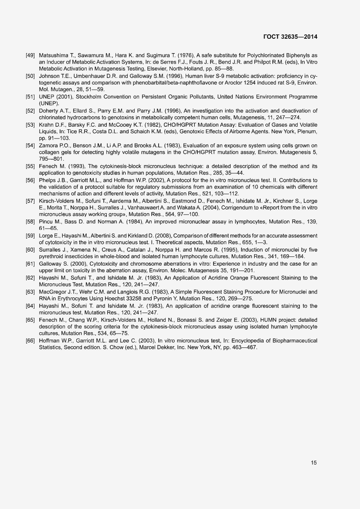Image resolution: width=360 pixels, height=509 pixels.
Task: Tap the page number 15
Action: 314,462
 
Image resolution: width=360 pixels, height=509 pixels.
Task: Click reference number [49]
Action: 31,55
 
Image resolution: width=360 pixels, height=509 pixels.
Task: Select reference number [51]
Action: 31,96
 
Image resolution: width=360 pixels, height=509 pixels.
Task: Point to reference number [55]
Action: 31,166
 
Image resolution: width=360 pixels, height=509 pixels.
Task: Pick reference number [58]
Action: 31,222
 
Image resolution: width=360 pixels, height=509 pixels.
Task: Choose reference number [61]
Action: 31,264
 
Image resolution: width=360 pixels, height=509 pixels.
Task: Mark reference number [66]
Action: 31,340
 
